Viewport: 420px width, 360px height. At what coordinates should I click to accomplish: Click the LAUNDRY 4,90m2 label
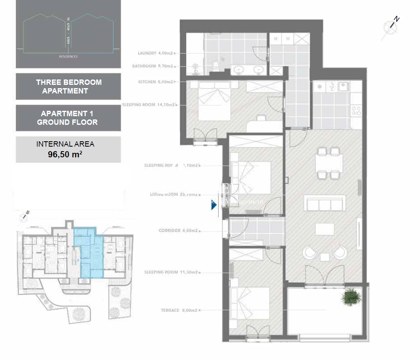155,53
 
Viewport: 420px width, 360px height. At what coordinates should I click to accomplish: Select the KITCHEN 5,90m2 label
156,82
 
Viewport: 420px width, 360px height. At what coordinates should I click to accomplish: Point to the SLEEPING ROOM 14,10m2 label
148,105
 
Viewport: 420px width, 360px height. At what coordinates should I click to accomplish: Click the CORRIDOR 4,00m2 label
178,231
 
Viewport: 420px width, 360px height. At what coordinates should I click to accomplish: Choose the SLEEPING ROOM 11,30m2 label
171,272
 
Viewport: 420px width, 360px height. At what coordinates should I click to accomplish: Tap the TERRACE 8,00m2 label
180,310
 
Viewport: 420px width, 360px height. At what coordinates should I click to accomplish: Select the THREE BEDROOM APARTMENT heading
68,86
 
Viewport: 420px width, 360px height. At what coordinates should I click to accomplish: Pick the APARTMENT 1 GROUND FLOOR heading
68,118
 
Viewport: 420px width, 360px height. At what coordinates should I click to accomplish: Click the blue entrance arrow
214,205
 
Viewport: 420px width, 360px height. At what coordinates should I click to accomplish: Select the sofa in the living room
325,203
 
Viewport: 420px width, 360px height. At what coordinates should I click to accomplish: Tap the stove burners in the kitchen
356,110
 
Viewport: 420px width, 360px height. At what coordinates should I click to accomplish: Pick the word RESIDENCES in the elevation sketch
68,56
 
